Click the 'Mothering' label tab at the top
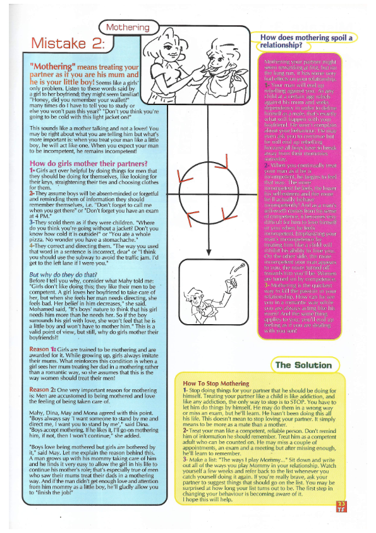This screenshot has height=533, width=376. click(128, 27)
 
